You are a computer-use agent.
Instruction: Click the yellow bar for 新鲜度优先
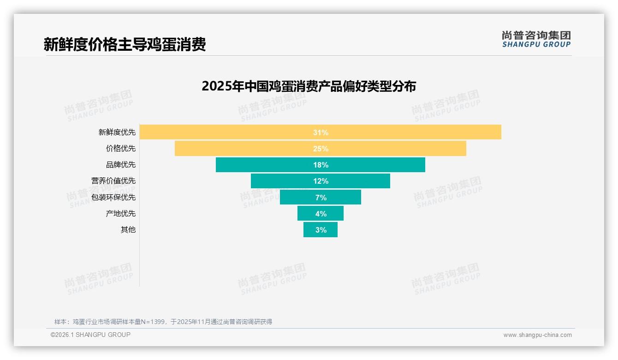click(231, 132)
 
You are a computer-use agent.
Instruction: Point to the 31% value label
click(321, 132)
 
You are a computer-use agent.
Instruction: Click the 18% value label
click(321, 165)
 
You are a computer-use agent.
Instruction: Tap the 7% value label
click(321, 198)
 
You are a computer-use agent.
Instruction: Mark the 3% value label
click(321, 230)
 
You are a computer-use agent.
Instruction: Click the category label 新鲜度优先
click(117, 132)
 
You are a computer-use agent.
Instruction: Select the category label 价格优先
click(121, 149)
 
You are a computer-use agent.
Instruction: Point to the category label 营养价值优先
click(113, 181)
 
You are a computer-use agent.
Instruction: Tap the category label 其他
click(128, 229)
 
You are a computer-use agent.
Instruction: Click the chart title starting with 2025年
click(309, 86)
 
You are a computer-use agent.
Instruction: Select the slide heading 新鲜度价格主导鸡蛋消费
click(125, 44)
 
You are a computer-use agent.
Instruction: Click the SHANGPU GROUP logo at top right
click(536, 39)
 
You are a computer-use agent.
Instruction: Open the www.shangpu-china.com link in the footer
click(537, 335)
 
